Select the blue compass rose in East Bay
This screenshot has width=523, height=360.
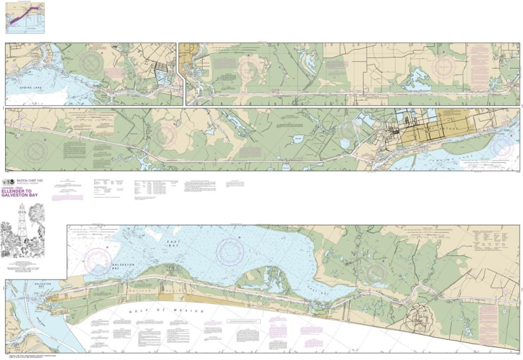[229, 248]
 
